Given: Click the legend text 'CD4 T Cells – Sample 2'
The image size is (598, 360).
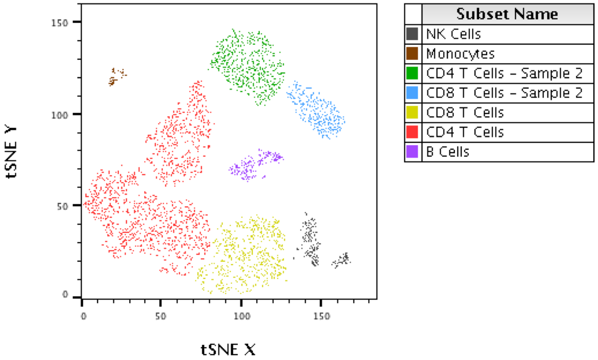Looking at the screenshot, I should click(504, 73).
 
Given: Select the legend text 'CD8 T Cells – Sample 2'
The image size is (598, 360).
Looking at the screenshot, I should click(504, 93).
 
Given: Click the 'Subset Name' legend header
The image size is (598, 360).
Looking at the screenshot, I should click(507, 14).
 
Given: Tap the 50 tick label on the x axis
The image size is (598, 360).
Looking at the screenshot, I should click(160, 317).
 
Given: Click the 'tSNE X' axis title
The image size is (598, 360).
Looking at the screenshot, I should click(228, 349).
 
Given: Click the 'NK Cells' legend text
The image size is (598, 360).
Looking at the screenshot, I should click(453, 34).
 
